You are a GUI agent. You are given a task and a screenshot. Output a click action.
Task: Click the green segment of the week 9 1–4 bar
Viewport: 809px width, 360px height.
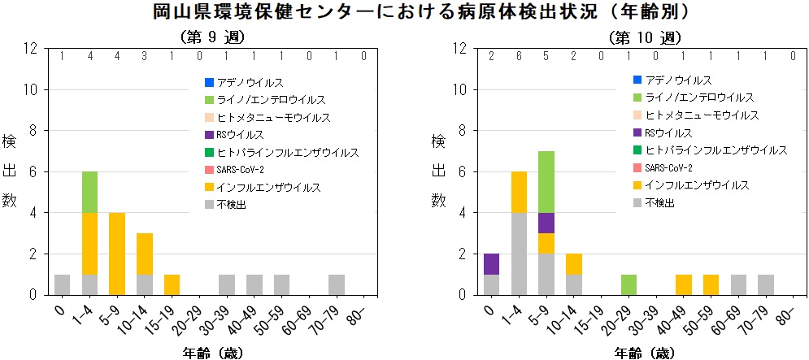pos(90,192)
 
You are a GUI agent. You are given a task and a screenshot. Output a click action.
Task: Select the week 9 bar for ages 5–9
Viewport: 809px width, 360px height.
pos(118,253)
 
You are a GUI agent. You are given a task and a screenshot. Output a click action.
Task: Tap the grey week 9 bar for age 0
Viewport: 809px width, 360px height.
pos(62,284)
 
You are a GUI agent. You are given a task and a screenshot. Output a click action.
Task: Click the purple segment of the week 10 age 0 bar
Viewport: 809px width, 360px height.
pos(491,263)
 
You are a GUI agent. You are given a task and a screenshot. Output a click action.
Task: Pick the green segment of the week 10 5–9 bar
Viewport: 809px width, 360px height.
pos(547,181)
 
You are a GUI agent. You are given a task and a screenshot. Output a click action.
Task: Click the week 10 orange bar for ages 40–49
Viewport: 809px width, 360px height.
pos(684,284)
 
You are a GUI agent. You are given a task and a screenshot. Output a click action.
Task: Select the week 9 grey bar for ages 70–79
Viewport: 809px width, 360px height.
pos(336,284)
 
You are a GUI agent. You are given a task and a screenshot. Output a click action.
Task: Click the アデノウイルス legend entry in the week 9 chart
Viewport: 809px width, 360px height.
pos(244,82)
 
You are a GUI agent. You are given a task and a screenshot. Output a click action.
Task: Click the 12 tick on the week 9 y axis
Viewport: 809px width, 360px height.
pos(31,48)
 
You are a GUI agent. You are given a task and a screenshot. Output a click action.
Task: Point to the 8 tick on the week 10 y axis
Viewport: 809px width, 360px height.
pos(462,130)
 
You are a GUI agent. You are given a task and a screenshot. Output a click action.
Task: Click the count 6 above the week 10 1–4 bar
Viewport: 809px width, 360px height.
pos(519,56)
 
